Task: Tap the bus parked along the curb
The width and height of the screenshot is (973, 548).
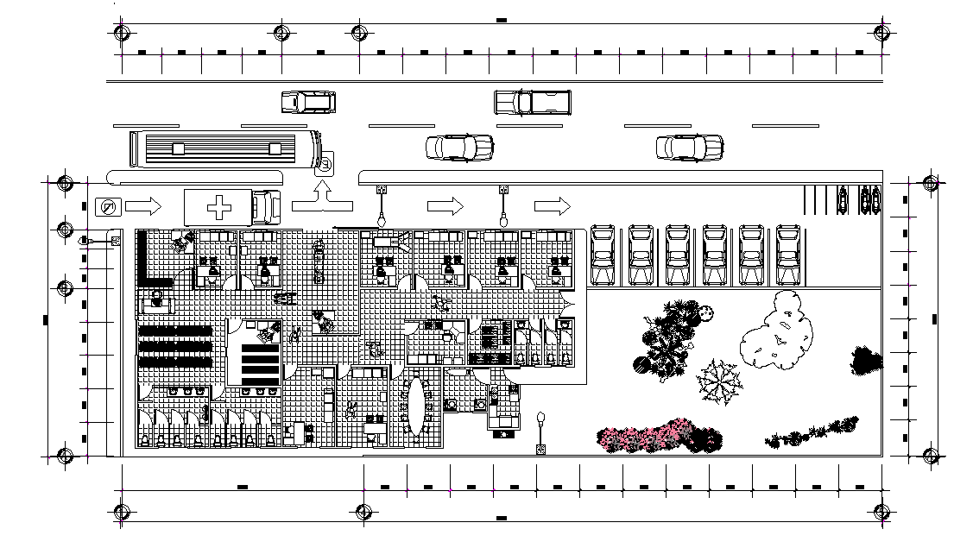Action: point(223,148)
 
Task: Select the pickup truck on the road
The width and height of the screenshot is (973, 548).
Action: point(533,102)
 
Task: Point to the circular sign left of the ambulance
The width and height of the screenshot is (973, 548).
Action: point(108,207)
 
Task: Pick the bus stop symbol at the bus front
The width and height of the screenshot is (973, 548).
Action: point(328,161)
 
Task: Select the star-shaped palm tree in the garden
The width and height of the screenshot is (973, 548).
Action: point(718,381)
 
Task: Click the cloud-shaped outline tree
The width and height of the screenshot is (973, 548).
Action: point(779,330)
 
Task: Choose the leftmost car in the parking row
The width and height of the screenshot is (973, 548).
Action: point(603,255)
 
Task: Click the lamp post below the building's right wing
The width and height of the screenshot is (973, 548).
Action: point(540,429)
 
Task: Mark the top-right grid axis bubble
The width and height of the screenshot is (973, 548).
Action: point(881,33)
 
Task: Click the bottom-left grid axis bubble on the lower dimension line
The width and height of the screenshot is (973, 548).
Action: point(122,510)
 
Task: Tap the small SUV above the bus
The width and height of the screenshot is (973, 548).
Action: point(307,102)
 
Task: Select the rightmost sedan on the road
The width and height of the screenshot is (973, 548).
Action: point(689,148)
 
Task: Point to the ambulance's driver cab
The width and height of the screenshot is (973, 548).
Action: point(267,207)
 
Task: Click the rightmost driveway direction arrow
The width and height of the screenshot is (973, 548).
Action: point(553,206)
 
